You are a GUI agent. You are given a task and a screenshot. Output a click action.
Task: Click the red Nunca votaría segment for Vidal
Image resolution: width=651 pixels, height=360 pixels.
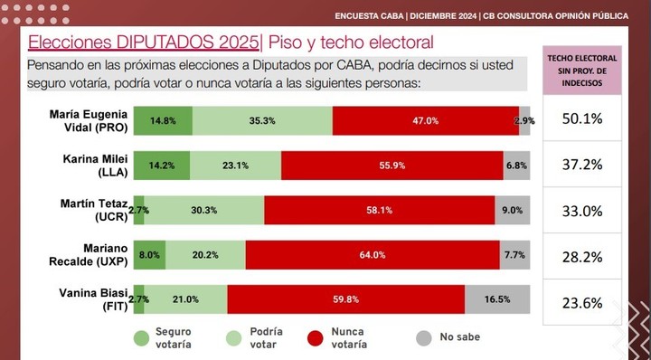(x=425, y=120)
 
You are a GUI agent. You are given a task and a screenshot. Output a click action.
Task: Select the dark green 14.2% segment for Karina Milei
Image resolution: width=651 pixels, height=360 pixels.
(x=162, y=166)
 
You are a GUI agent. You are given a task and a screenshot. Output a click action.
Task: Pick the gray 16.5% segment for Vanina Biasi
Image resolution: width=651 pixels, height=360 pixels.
(x=497, y=299)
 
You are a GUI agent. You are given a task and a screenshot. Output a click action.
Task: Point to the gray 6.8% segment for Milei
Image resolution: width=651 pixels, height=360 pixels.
(x=516, y=166)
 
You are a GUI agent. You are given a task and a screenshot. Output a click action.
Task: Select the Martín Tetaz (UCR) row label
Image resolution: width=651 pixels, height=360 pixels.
(x=89, y=210)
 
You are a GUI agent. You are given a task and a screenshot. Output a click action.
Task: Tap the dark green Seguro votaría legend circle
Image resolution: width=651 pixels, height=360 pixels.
(x=140, y=338)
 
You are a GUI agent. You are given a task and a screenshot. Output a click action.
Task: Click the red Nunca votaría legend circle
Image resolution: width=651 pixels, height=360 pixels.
(x=316, y=338)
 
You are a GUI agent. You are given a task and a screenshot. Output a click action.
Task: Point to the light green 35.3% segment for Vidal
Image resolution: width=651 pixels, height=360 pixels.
(x=261, y=120)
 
